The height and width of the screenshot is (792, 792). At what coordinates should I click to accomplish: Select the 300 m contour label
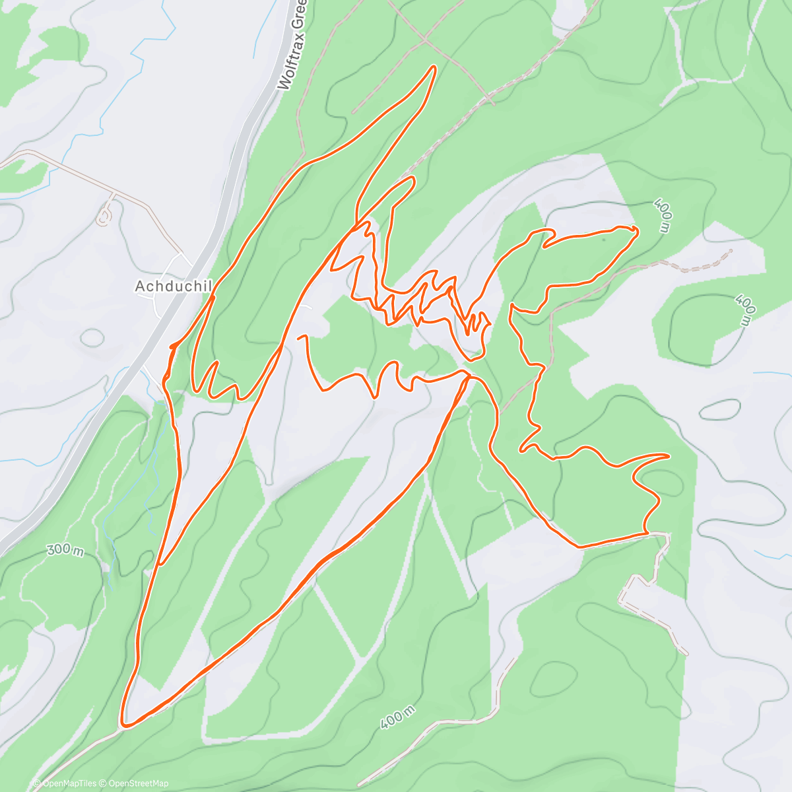pyautogui.click(x=65, y=550)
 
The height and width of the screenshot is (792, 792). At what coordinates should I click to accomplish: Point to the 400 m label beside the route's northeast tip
pyautogui.click(x=663, y=215)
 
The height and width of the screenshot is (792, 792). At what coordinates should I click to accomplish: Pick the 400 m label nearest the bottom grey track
pyautogui.click(x=398, y=717)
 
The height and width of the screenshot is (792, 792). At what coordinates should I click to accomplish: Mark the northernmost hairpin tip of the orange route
pyautogui.click(x=434, y=67)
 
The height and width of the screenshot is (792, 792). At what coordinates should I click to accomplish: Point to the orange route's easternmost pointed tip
pyautogui.click(x=669, y=455)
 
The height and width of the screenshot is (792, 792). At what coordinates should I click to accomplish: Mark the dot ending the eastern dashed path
pyautogui.click(x=731, y=251)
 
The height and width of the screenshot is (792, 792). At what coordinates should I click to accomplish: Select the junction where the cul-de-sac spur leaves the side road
pyautogui.click(x=114, y=194)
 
